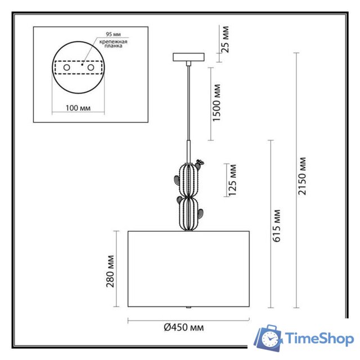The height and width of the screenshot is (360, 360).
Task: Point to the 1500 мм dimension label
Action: click(x=217, y=103)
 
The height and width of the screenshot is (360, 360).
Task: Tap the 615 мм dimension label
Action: click(x=277, y=226)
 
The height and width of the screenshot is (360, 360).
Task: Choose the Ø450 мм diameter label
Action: click(x=184, y=327)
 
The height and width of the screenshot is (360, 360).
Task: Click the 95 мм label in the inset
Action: click(x=110, y=34)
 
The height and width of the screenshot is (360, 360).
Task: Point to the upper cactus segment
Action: click(x=188, y=178)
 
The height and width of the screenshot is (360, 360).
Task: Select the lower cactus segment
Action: click(x=187, y=212)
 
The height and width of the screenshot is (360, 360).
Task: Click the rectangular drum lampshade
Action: click(x=188, y=268)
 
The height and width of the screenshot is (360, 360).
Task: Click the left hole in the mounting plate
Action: click(x=67, y=67)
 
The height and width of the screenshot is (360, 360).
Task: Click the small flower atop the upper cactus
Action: click(x=202, y=163)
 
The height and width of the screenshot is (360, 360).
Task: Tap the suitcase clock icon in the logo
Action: click(x=268, y=339)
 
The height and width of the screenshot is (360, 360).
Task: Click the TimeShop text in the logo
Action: click(x=319, y=339)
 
